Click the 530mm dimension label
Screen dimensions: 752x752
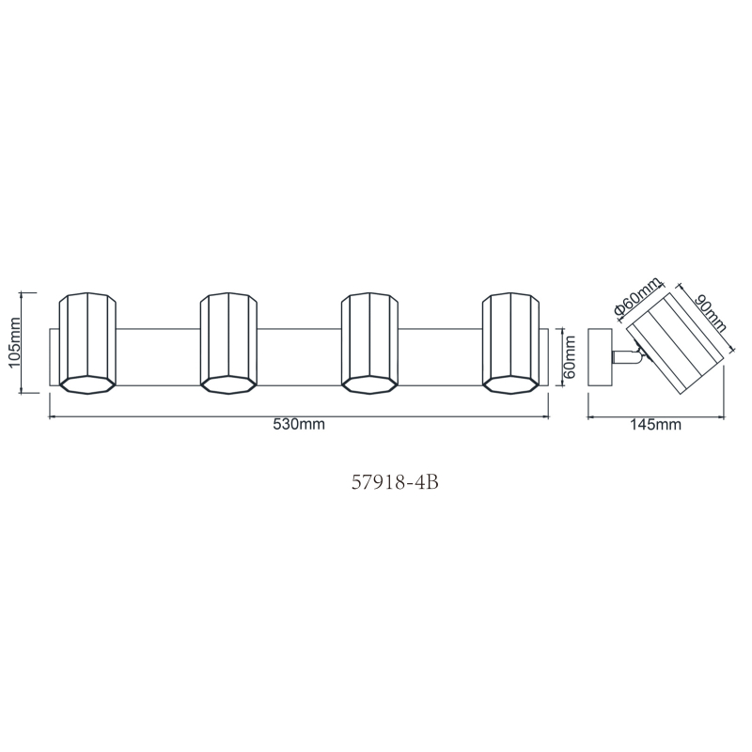click(x=299, y=425)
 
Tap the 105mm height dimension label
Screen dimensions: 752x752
click(x=14, y=341)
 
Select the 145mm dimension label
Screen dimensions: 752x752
click(x=655, y=425)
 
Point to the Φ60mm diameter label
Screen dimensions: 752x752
click(x=637, y=296)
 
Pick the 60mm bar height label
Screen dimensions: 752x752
click(x=570, y=357)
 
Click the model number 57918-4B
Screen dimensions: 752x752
click(x=395, y=482)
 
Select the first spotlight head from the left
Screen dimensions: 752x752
click(x=87, y=343)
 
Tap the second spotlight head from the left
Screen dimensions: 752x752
click(x=228, y=343)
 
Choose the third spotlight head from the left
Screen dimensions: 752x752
click(x=369, y=343)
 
